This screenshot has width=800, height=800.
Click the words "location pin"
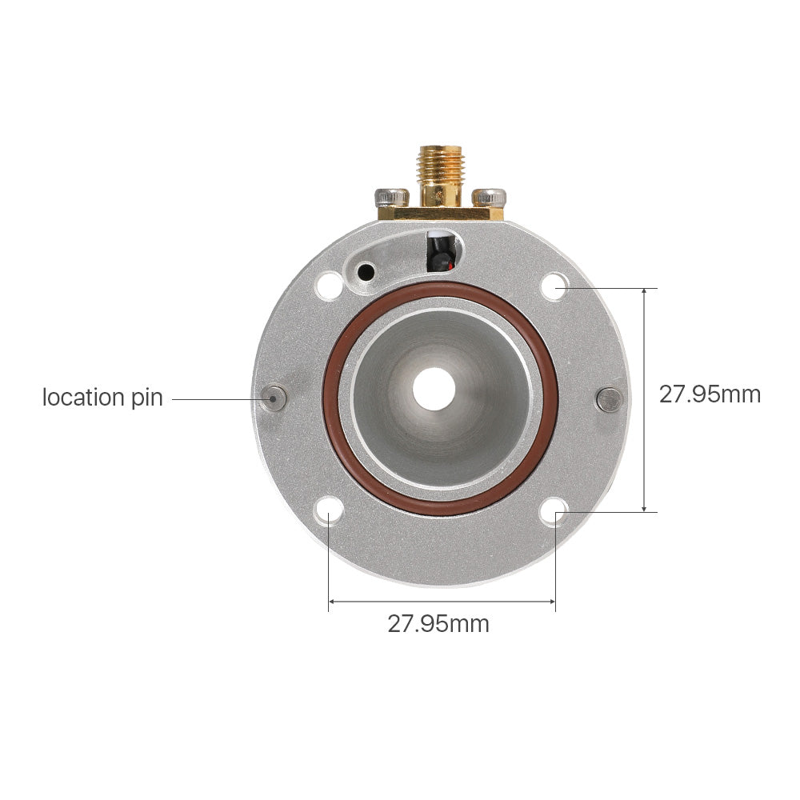click(x=102, y=398)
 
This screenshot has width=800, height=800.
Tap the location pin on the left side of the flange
click(x=274, y=398)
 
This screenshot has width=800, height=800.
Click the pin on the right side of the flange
click(x=609, y=399)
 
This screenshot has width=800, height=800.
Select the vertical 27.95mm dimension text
click(x=710, y=394)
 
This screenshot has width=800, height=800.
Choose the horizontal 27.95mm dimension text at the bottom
click(x=438, y=624)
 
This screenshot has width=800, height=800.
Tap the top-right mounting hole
click(x=554, y=286)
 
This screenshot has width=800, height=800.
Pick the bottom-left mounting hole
click(x=329, y=510)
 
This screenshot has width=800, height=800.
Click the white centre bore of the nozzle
click(x=434, y=389)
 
